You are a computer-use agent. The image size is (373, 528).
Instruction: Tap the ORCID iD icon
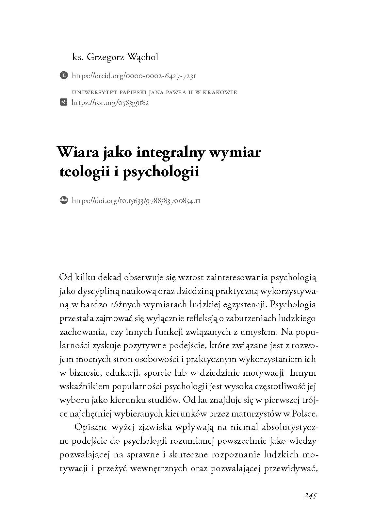[64, 76]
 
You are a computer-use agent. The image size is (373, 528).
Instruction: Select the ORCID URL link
[134, 76]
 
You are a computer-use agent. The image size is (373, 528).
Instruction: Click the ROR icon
[64, 102]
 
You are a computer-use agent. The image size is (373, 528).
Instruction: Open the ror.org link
[110, 103]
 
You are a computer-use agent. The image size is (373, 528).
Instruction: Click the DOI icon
[64, 200]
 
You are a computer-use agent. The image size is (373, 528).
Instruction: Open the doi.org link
[136, 200]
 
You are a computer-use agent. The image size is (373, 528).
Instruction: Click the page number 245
[310, 496]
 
